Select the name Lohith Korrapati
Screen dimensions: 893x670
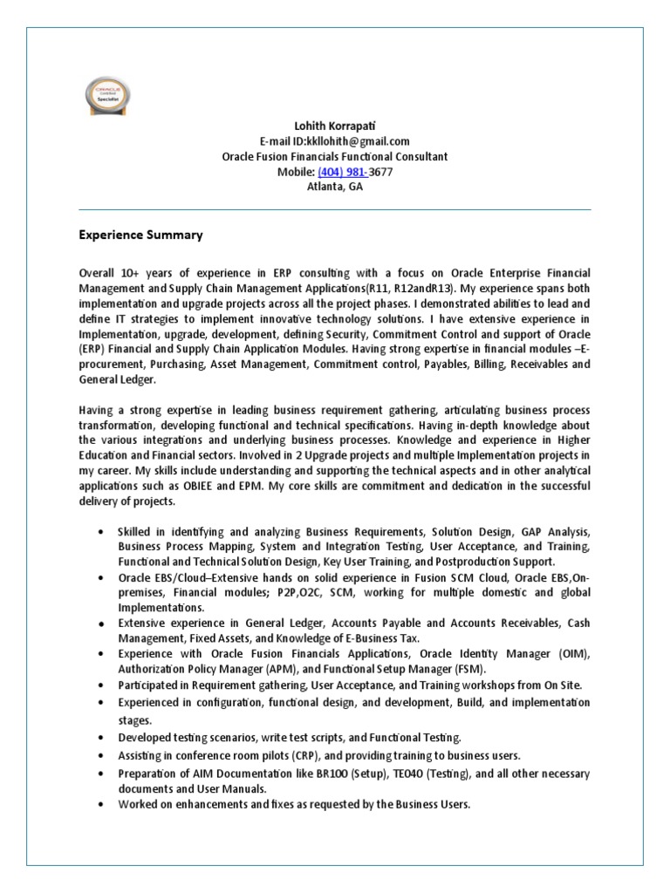pyautogui.click(x=334, y=126)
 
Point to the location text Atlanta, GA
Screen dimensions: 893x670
pyautogui.click(x=334, y=187)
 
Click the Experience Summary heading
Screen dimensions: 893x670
pyautogui.click(x=140, y=235)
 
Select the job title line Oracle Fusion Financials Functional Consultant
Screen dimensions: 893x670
pyautogui.click(x=334, y=157)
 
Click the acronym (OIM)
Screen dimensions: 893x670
pyautogui.click(x=571, y=654)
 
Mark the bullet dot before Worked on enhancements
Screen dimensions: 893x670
pyautogui.click(x=102, y=805)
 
